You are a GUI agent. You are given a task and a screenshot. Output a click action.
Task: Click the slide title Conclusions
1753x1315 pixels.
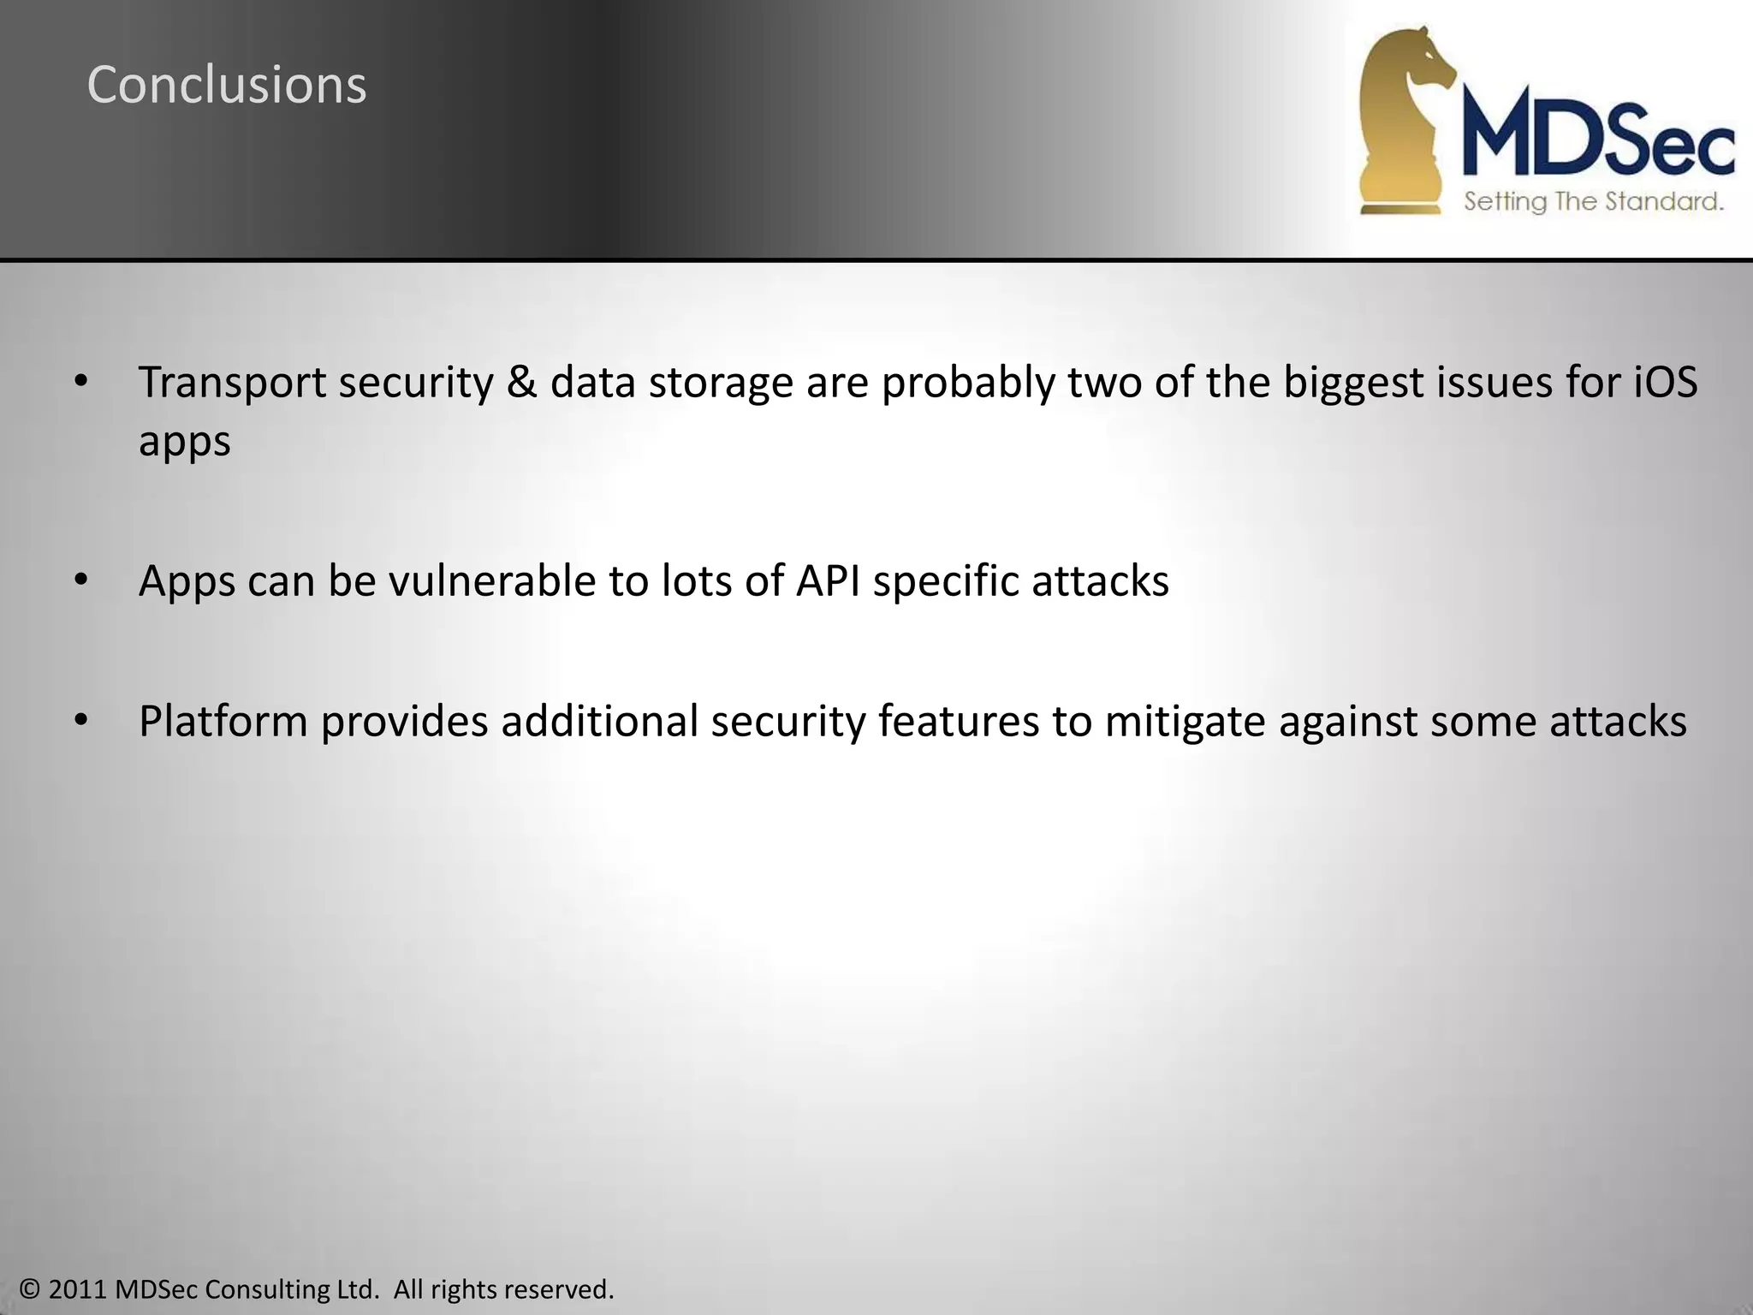[x=227, y=86]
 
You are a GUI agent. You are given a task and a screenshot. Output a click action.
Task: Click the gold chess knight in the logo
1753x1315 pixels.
[x=1404, y=120]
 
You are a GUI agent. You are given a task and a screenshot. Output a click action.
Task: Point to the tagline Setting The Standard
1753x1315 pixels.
[x=1593, y=202]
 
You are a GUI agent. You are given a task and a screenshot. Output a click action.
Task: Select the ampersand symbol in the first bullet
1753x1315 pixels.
[x=521, y=382]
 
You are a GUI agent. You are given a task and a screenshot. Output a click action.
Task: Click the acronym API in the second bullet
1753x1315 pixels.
[x=829, y=580]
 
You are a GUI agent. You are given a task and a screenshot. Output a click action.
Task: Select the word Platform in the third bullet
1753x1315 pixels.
[x=223, y=721]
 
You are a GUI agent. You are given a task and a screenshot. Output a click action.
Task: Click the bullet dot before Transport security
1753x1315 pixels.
[x=80, y=382]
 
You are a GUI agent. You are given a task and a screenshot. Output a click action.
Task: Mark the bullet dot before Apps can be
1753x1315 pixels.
[x=80, y=580]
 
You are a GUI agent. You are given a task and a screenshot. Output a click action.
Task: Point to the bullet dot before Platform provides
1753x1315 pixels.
[x=80, y=721]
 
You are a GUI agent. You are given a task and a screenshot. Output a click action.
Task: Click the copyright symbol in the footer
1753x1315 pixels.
[x=31, y=1289]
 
